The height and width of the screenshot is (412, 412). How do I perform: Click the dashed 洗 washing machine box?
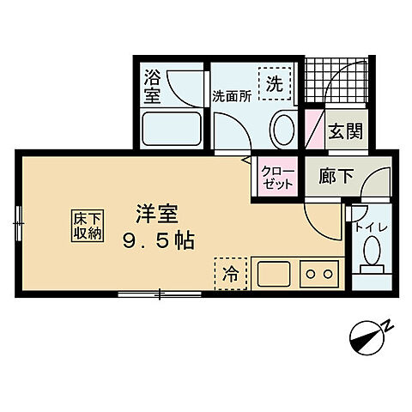tap(274, 84)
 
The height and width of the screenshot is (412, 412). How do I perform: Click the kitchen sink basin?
tap(275, 276)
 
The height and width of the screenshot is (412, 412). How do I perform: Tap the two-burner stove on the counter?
tap(318, 275)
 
